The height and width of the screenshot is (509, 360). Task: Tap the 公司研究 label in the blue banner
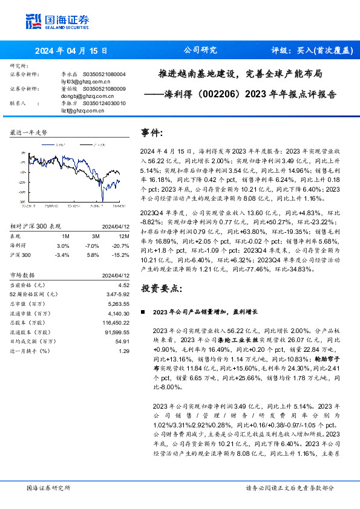(x=200, y=51)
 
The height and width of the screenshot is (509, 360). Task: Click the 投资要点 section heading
(x=160, y=288)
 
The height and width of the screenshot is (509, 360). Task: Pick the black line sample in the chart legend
(x=86, y=144)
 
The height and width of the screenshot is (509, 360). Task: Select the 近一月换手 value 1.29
(x=123, y=351)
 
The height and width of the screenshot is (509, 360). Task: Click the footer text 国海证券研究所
(x=48, y=487)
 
